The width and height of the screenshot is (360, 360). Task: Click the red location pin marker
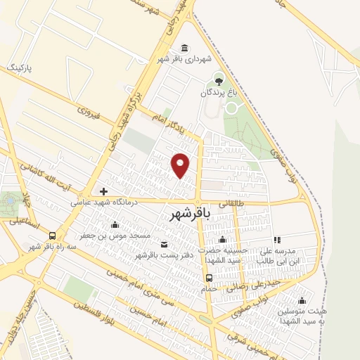pyautogui.click(x=181, y=165)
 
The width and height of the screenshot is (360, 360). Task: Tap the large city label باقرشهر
pyautogui.click(x=190, y=216)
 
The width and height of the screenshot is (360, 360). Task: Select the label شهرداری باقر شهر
pyautogui.click(x=184, y=60)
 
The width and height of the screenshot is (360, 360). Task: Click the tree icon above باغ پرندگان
pyautogui.click(x=218, y=81)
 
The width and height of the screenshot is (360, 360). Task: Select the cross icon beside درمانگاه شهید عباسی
pyautogui.click(x=103, y=191)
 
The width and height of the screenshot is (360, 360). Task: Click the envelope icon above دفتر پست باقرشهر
pyautogui.click(x=164, y=244)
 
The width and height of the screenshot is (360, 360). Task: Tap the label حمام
pyautogui.click(x=208, y=288)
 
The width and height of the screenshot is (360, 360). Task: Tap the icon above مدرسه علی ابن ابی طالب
pyautogui.click(x=277, y=240)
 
